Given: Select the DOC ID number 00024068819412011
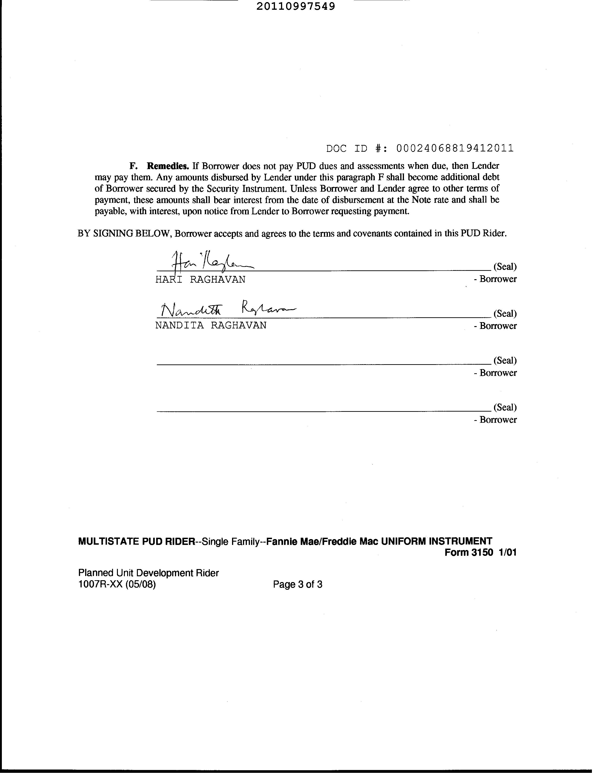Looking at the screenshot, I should click(455, 148).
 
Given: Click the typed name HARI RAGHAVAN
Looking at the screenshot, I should click(200, 280).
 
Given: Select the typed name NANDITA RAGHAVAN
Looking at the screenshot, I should click(211, 326).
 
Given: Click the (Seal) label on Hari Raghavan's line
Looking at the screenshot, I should click(505, 266).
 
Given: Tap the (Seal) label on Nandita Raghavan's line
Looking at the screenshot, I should click(505, 314).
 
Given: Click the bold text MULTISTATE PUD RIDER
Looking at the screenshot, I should click(136, 541).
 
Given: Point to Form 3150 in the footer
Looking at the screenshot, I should click(468, 553).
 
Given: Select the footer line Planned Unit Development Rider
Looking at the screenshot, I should click(148, 573).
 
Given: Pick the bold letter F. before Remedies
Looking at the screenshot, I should click(133, 166).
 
